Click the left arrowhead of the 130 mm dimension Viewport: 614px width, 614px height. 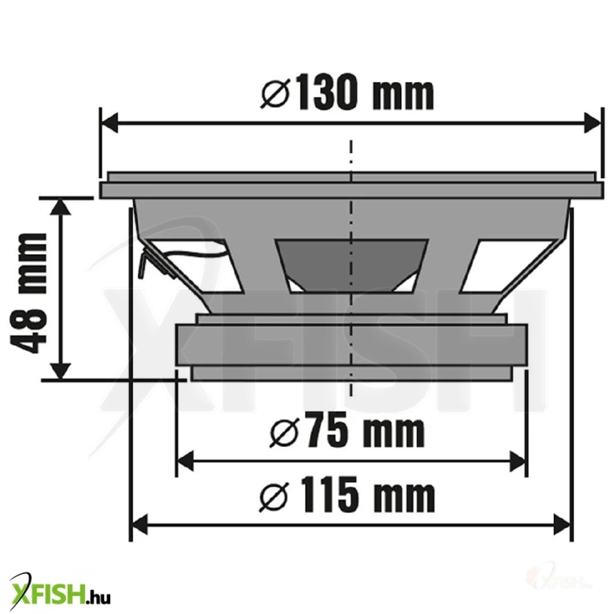110,123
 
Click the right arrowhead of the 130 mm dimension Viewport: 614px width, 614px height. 591,123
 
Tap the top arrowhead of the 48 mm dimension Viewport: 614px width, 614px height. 61,206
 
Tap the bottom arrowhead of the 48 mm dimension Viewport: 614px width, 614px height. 61,371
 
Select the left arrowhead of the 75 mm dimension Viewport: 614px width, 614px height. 186,461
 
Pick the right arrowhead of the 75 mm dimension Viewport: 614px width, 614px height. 516,461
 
